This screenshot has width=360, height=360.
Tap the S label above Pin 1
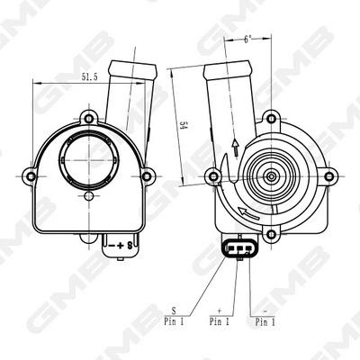[x=174, y=308]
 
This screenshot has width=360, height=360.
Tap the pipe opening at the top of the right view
[x=224, y=69]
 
